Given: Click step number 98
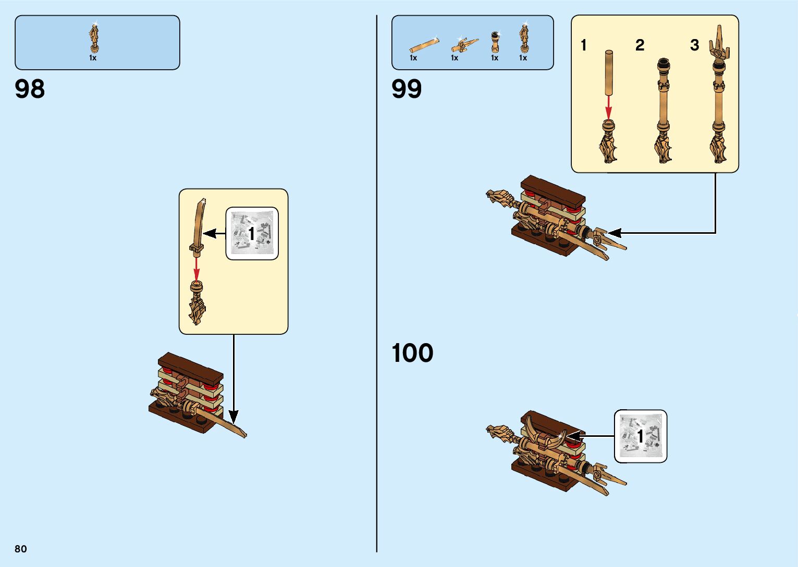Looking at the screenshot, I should click(x=30, y=89).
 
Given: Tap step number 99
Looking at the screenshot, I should click(x=407, y=89).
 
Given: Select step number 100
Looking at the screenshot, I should click(x=412, y=353).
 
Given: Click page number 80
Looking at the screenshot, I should click(x=21, y=549).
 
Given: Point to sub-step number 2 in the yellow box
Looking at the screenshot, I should click(x=640, y=45).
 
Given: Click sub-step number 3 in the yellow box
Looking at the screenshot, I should click(x=694, y=45).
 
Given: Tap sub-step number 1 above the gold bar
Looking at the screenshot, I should click(x=584, y=45).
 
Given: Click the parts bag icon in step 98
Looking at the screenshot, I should click(x=252, y=233).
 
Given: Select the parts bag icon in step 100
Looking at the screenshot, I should click(x=641, y=436).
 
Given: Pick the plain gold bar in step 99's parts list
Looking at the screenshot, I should click(x=424, y=45).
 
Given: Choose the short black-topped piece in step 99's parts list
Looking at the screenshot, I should click(x=495, y=42).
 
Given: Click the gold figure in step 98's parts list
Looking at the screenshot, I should click(x=94, y=39).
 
